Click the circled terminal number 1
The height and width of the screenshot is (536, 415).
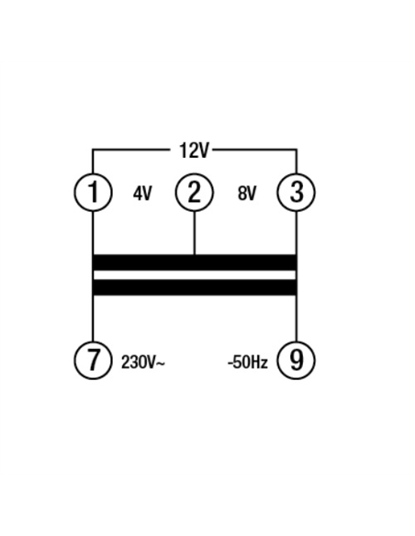pos(93,192)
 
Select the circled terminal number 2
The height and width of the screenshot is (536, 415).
pos(194,192)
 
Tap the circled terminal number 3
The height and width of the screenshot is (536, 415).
pos(296,192)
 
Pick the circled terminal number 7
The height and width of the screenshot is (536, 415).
pos(93,360)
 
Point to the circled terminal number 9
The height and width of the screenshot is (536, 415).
pos(296,360)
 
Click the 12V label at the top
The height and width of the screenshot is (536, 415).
pos(194,151)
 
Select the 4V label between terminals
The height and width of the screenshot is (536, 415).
pos(142,194)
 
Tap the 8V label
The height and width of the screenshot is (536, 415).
pos(246,194)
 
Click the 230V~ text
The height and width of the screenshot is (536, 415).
pos(143,363)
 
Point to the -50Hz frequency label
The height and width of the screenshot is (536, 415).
pos(248,363)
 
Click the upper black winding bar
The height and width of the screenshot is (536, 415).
pos(194,262)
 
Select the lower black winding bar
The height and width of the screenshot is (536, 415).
pos(194,287)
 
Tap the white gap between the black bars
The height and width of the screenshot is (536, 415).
pos(194,274)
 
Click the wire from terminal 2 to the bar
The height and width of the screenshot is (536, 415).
pos(194,233)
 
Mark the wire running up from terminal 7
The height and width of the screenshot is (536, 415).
pos(93,318)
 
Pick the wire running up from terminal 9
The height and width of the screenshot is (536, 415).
pos(297,318)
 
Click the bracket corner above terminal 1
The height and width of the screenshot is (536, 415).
pos(93,150)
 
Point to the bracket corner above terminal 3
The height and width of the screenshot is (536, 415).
pos(297,150)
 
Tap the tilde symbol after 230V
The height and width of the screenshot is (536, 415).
pos(161,363)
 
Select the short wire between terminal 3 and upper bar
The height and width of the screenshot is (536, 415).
pos(297,233)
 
